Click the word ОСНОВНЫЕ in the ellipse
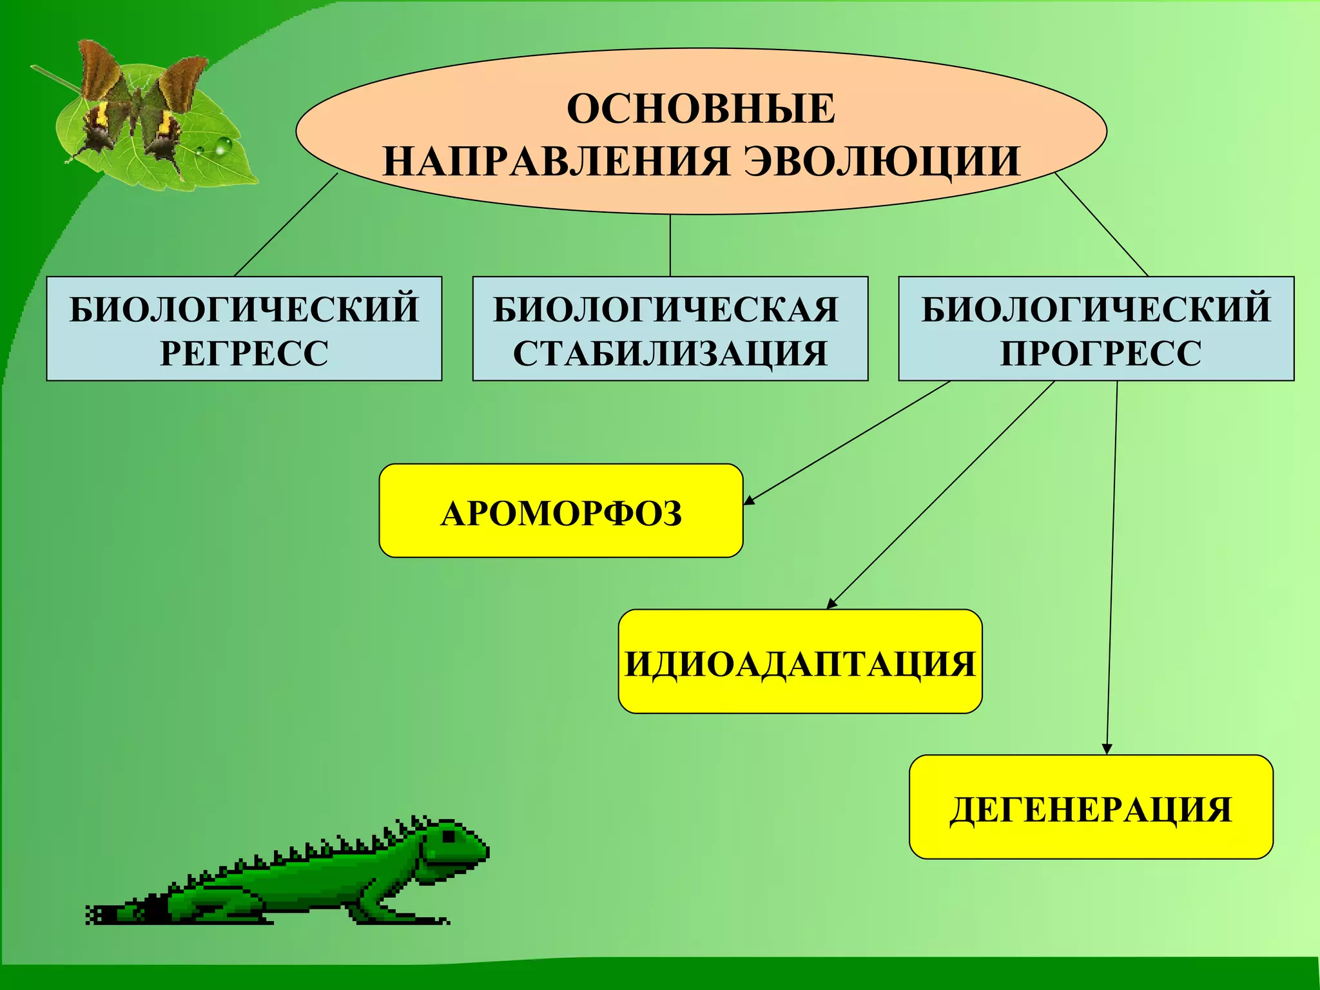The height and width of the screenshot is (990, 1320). click(x=701, y=108)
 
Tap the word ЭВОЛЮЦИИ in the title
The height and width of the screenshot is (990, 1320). click(x=882, y=160)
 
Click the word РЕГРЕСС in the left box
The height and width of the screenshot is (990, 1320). click(x=244, y=353)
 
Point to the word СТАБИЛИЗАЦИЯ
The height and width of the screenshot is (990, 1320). click(x=670, y=353)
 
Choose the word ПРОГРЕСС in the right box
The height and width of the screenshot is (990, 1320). click(x=1100, y=353)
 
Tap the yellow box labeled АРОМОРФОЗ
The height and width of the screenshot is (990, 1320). click(x=561, y=510)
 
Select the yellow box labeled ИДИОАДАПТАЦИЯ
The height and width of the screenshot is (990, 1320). click(x=800, y=661)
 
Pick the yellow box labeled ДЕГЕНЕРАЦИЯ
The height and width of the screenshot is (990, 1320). click(x=1091, y=807)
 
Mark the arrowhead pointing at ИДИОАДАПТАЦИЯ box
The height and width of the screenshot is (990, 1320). click(x=831, y=604)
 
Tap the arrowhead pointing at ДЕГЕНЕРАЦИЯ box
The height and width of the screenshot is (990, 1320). click(x=1107, y=749)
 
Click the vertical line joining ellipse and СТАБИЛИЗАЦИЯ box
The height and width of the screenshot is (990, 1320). click(x=670, y=246)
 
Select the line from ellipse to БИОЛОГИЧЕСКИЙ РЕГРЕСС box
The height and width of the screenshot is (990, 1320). click(x=286, y=225)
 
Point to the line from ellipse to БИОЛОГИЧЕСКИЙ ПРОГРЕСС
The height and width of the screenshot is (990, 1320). click(x=1102, y=225)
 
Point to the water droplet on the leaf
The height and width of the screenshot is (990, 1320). click(x=223, y=146)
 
